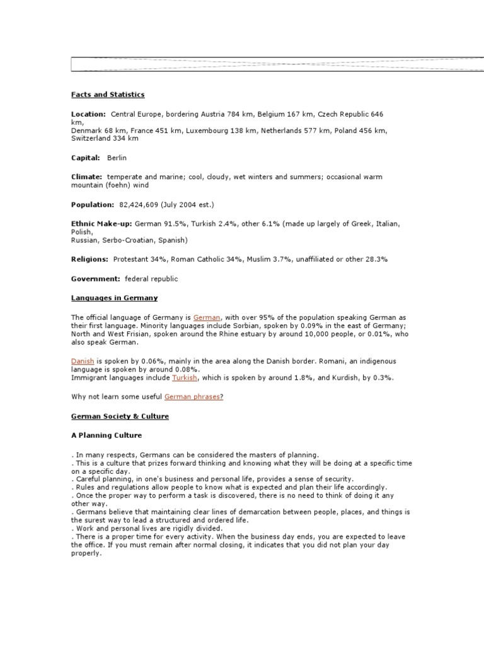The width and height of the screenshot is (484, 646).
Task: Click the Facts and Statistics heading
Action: [108, 95]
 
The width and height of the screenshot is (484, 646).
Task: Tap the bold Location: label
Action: [88, 114]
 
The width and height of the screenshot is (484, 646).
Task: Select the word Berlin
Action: [117, 158]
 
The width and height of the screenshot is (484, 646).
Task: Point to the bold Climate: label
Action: [86, 177]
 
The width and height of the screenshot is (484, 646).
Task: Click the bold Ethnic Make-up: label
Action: [101, 224]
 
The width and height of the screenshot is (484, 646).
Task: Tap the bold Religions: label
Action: [89, 259]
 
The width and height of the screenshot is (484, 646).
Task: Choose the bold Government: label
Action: [95, 278]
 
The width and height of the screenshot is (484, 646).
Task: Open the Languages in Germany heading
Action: [114, 298]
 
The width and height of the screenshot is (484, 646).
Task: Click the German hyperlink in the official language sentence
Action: [207, 317]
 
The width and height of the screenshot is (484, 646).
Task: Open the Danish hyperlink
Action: [83, 361]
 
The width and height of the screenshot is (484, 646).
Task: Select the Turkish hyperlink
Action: [185, 377]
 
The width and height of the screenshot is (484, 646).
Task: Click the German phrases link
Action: [193, 397]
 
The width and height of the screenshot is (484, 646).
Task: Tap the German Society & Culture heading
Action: [120, 416]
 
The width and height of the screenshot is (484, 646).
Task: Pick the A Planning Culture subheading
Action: [107, 435]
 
